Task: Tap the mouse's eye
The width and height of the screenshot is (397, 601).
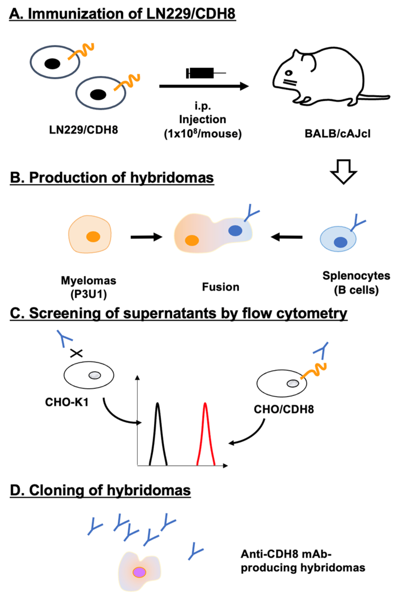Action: pos(289,73)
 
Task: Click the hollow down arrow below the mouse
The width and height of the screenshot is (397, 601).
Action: pos(343,172)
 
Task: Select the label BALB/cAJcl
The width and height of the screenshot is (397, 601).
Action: pos(337,134)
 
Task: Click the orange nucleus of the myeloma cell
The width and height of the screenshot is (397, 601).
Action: pos(93,236)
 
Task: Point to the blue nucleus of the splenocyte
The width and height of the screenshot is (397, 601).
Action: pos(340,242)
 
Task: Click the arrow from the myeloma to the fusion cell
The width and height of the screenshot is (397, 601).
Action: pos(146,237)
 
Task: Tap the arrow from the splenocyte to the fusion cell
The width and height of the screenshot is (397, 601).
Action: pos(287,237)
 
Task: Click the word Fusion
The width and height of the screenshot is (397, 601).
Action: pos(220,287)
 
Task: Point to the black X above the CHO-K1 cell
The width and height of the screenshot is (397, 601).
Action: pos(77,353)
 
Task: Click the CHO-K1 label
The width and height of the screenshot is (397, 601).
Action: pos(67,402)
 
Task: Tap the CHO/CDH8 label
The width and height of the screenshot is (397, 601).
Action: pos(284,409)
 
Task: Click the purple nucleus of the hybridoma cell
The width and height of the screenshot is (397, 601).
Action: pos(139,572)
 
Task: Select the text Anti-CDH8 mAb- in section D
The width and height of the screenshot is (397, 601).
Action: pos(286,554)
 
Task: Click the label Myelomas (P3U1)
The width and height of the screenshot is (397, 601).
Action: pos(88,287)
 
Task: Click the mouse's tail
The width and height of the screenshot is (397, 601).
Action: pos(375,97)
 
